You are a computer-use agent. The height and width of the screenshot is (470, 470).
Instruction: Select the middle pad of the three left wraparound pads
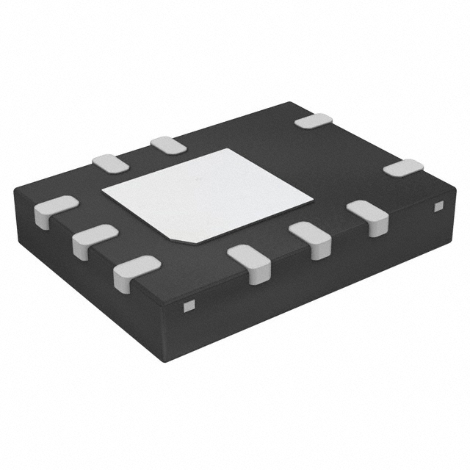(94, 238)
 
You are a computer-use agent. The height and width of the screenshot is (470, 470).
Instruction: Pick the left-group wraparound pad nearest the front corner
(136, 269)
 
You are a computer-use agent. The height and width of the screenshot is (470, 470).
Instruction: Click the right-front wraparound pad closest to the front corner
(250, 262)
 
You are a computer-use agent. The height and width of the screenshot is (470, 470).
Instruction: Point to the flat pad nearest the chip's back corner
(314, 121)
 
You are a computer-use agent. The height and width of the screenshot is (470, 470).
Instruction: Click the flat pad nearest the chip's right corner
(403, 167)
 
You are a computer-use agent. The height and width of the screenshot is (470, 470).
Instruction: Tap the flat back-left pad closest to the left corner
(111, 163)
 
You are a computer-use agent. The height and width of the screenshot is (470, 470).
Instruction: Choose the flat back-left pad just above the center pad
(168, 145)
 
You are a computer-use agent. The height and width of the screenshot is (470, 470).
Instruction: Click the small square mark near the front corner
(188, 305)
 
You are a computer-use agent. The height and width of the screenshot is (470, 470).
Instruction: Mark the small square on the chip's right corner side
(438, 206)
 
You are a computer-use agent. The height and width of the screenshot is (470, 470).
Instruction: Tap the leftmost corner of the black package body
(14, 190)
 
